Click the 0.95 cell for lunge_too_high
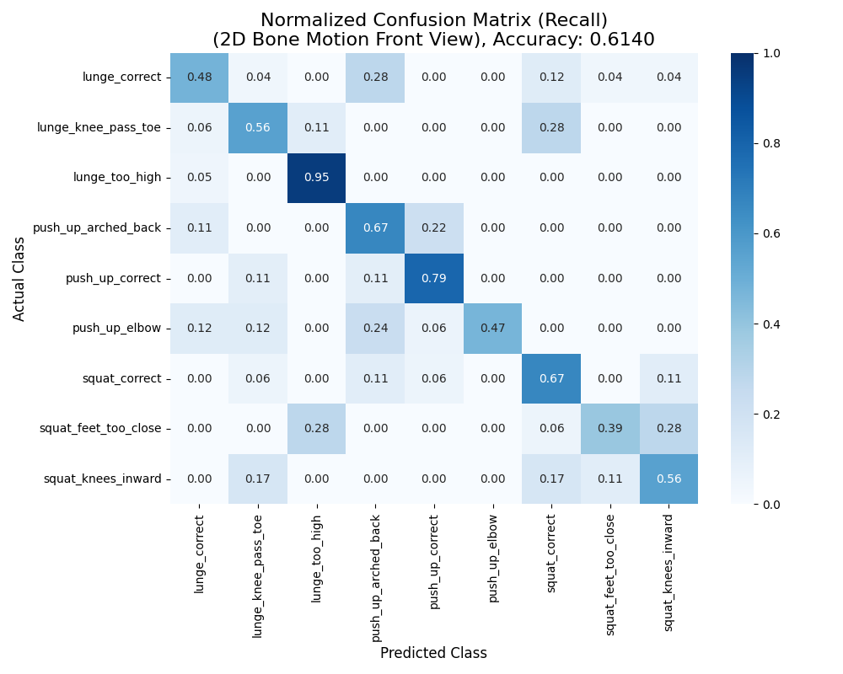(317, 178)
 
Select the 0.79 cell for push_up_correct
(434, 278)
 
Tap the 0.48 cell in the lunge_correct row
(199, 78)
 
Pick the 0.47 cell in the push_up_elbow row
(493, 329)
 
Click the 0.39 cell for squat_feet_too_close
(610, 429)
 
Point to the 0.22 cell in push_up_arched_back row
(434, 228)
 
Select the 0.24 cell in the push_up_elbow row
(375, 329)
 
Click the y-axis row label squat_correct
(121, 378)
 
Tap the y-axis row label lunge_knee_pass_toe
(99, 128)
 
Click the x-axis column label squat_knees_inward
(668, 570)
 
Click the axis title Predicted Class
(433, 653)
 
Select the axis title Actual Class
(19, 278)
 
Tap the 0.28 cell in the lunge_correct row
(375, 78)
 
